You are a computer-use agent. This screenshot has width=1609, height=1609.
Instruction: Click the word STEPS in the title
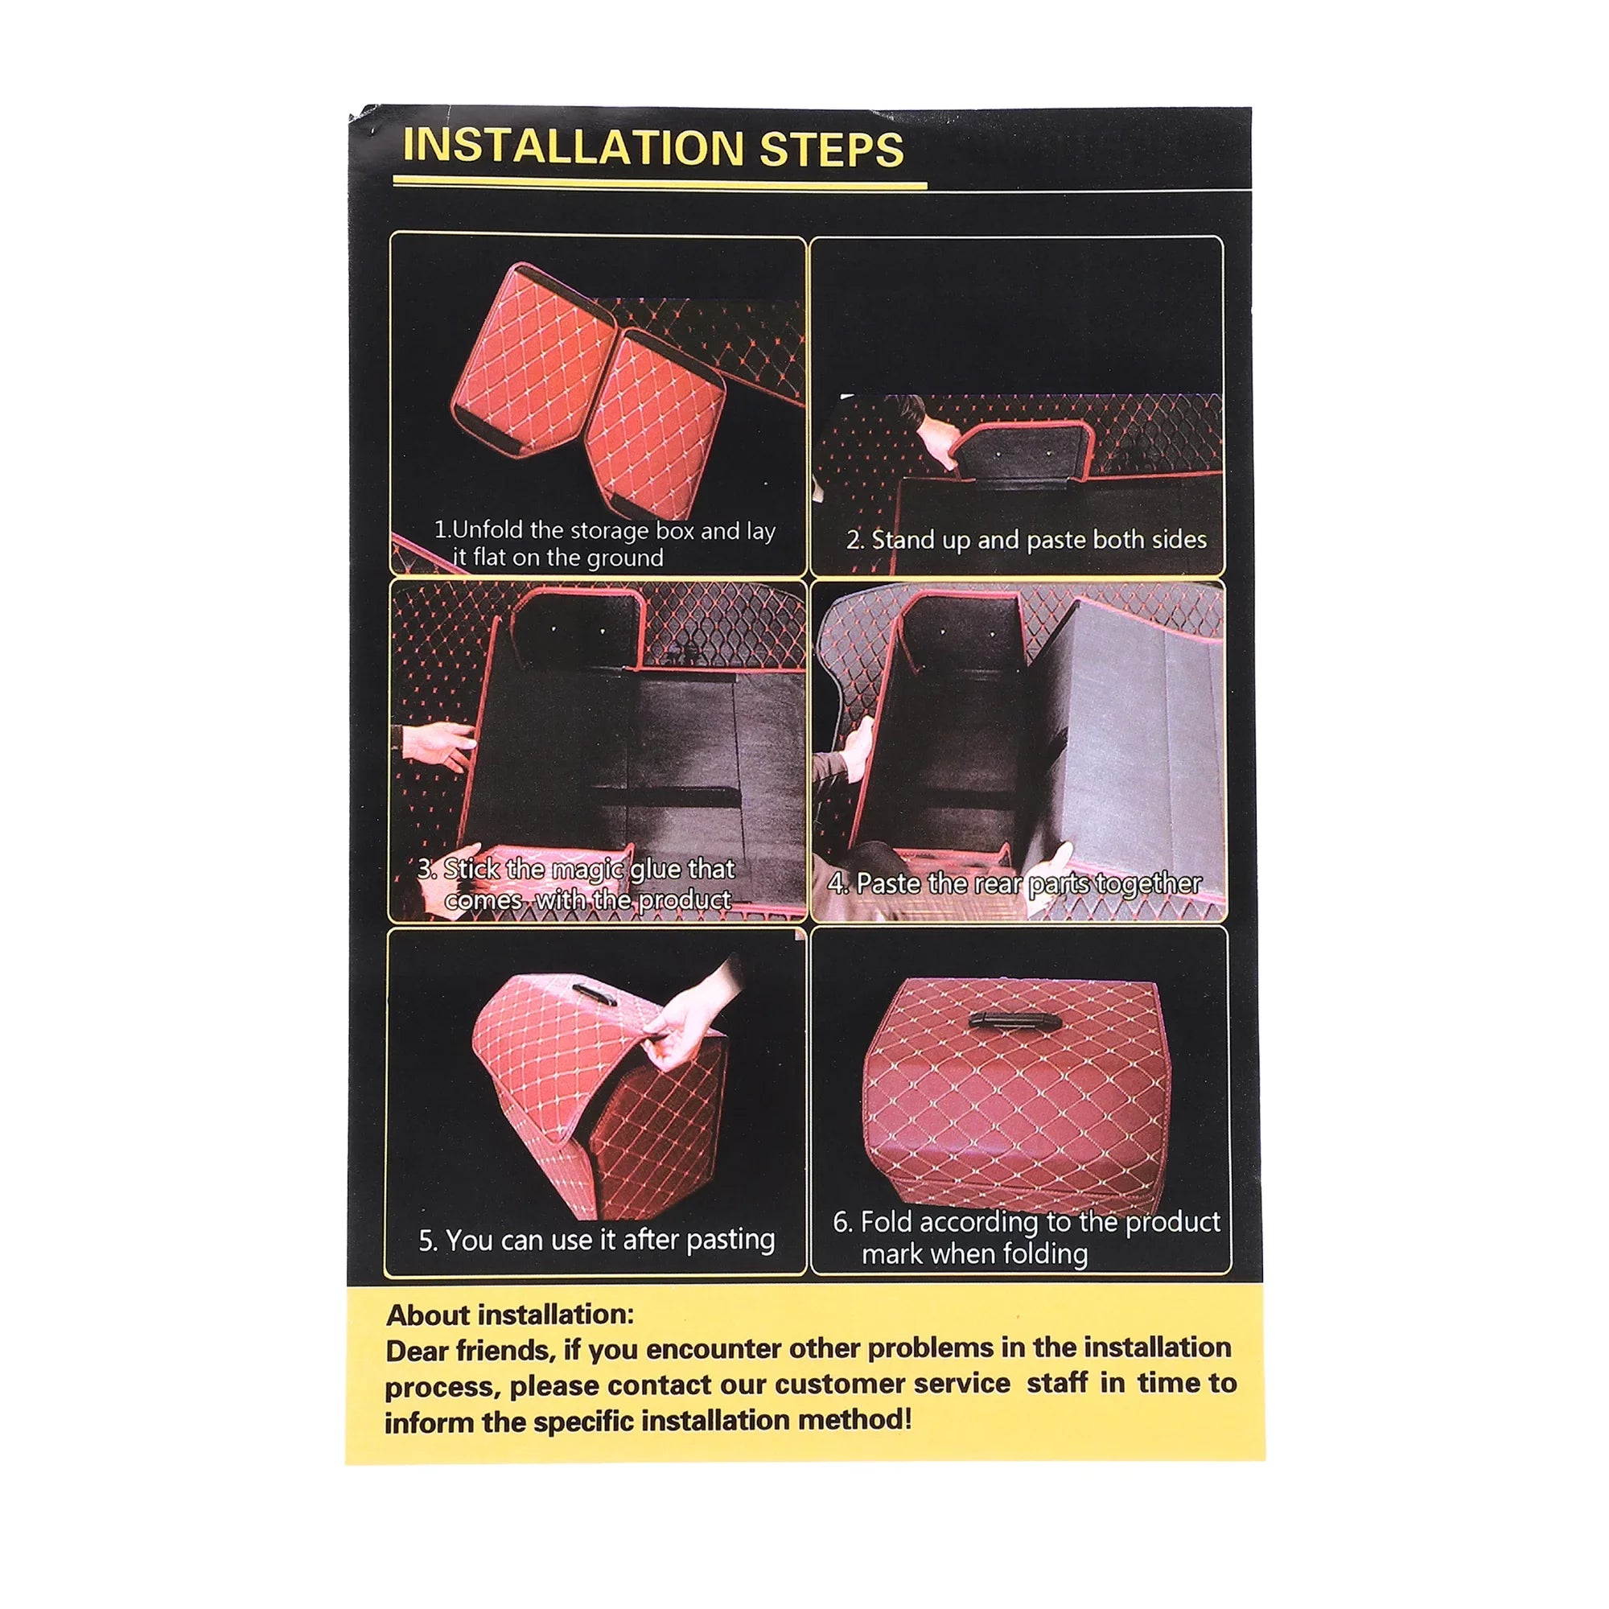click(x=831, y=149)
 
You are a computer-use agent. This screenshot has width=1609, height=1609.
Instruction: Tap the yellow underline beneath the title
click(x=660, y=183)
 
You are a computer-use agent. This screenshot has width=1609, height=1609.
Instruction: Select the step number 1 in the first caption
click(x=442, y=529)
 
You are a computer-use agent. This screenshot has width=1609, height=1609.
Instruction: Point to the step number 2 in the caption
click(x=854, y=541)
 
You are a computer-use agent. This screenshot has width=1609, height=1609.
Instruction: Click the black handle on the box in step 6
click(x=1014, y=1020)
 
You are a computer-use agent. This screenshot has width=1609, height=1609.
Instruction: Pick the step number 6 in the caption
click(x=843, y=1223)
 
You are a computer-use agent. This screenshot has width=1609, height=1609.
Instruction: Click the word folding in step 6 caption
click(x=1044, y=1253)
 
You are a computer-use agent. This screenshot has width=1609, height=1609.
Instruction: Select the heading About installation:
click(x=510, y=1315)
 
